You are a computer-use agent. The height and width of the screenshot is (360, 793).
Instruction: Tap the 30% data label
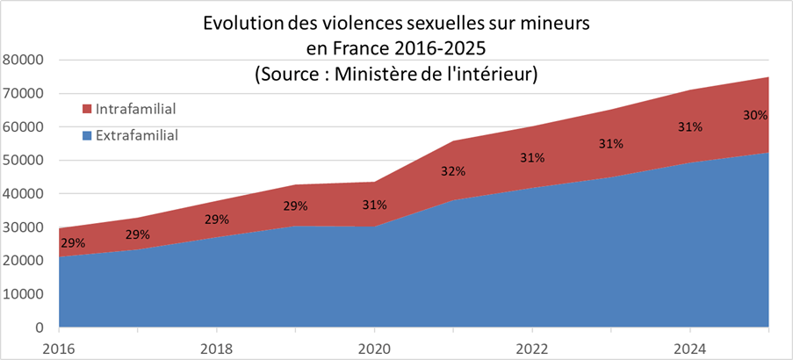(x=755, y=115)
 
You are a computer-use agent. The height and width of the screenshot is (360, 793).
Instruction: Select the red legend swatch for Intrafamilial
(x=87, y=109)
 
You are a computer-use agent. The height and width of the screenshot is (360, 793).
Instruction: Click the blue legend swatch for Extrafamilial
(x=87, y=135)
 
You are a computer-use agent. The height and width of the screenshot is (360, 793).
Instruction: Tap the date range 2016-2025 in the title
(x=437, y=48)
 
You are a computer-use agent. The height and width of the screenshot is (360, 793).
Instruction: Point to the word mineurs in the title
(x=556, y=24)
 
